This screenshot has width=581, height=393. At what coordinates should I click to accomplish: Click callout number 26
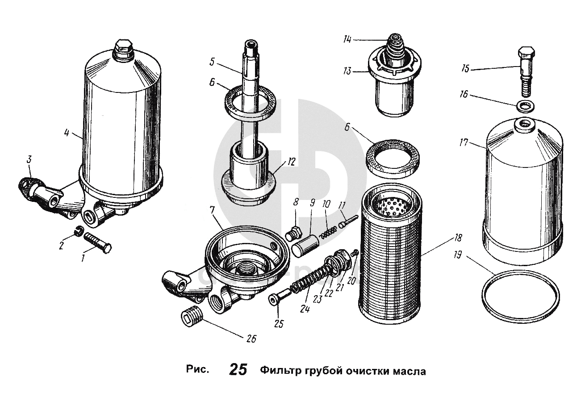[x=251, y=339]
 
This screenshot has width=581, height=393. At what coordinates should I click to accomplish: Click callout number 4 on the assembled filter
[x=66, y=133]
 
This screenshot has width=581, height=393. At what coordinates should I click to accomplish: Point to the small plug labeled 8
[x=293, y=232]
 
